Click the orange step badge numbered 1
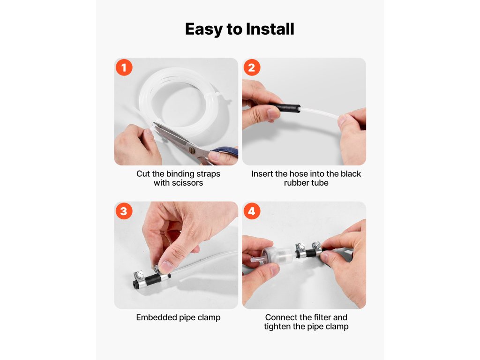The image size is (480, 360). click(x=124, y=67)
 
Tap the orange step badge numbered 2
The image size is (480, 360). click(x=252, y=67)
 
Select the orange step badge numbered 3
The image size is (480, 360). click(x=124, y=211)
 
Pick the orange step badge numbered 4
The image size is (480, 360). click(x=252, y=211)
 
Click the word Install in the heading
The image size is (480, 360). click(x=270, y=29)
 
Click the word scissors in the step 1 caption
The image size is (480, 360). click(x=187, y=183)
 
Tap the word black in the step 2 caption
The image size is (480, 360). click(x=351, y=173)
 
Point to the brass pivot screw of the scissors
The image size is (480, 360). click(x=192, y=150)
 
